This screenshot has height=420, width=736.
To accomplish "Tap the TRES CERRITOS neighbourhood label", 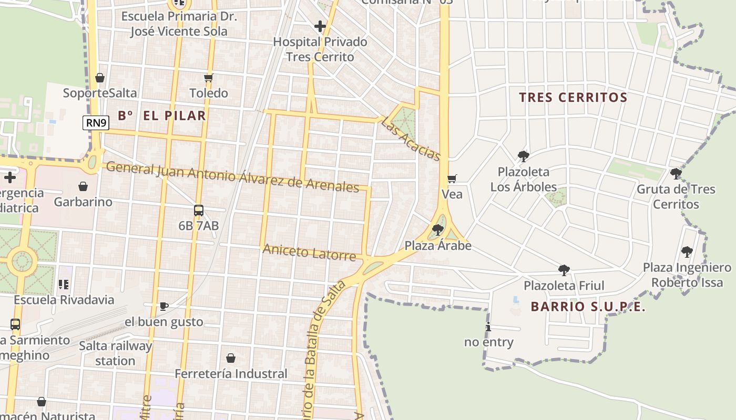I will [573, 98].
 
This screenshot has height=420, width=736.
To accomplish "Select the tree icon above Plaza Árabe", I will [437, 229].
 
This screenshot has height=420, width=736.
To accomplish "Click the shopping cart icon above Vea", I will [452, 179].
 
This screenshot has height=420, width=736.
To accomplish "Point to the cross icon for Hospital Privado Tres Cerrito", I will [320, 26].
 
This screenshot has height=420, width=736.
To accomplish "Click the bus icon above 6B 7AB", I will [199, 211].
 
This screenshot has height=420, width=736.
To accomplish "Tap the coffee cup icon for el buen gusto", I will [163, 306].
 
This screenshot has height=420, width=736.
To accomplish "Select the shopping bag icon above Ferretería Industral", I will [230, 358].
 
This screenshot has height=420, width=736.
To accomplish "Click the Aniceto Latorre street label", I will [309, 253].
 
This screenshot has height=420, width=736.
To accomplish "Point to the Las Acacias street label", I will [410, 138].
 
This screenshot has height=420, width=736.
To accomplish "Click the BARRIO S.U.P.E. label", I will [588, 307].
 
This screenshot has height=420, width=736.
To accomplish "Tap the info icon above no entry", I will [488, 327].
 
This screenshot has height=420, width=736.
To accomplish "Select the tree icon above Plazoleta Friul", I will [564, 270].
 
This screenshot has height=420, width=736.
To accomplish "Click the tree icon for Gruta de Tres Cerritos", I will [676, 173].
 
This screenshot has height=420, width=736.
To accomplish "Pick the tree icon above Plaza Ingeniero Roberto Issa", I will [687, 251].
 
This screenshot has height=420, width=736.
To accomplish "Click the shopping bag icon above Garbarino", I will [83, 186].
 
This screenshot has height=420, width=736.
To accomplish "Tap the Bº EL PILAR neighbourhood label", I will [162, 116].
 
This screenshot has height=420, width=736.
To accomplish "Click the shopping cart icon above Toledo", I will [208, 78].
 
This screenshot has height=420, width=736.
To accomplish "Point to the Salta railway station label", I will [115, 353].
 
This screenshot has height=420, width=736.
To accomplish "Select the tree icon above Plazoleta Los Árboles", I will [523, 156].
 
